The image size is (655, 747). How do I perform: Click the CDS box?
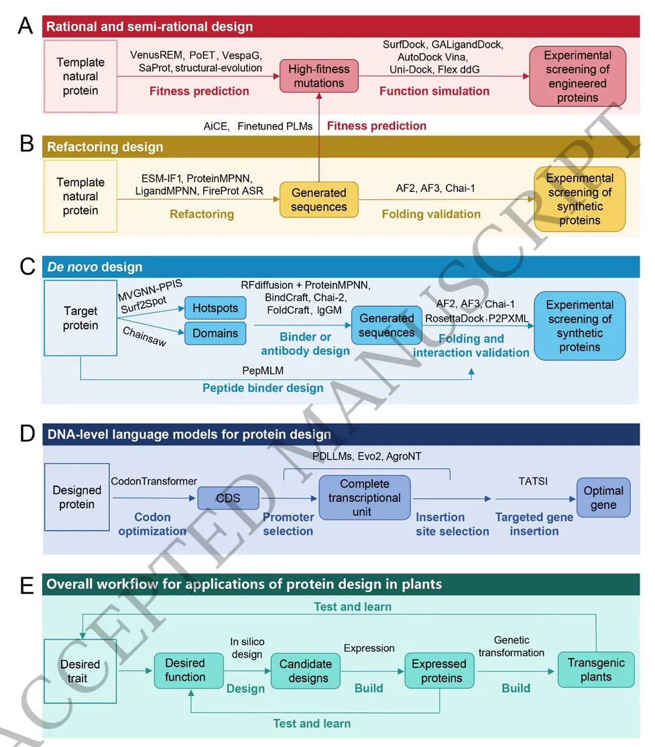218,497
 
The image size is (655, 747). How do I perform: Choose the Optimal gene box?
603,498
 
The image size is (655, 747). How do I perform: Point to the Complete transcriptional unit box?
365,498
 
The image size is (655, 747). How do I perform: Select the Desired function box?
185,669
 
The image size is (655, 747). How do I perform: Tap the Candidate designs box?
305,671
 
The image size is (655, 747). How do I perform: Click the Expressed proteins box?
439,671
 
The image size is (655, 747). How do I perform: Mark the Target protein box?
80,318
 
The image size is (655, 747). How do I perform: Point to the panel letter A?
25,27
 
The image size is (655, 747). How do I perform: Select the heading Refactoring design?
104,147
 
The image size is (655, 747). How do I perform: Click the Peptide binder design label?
263,388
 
